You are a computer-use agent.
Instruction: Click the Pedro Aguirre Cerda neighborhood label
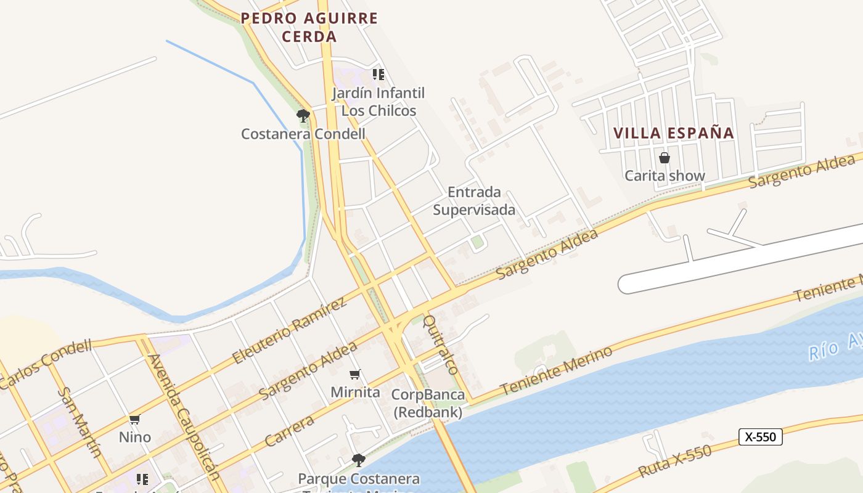click(309, 27)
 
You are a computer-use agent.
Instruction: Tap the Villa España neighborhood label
click(674, 132)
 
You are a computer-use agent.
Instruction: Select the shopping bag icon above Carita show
click(665, 158)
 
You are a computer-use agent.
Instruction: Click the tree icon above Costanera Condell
click(303, 115)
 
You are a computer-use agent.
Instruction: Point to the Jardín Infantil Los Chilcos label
click(378, 102)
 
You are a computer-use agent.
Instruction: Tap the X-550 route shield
click(760, 437)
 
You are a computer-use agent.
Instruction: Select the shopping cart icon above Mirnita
click(355, 374)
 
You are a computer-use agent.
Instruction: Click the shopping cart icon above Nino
click(134, 420)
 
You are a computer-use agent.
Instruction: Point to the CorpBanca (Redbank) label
click(429, 404)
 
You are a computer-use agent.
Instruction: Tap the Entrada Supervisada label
click(474, 201)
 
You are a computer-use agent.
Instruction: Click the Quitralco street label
click(441, 344)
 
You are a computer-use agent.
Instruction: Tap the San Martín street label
click(80, 422)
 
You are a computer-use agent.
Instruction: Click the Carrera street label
click(289, 431)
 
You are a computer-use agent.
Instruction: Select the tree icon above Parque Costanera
click(358, 460)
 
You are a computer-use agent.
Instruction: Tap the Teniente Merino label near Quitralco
click(557, 370)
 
